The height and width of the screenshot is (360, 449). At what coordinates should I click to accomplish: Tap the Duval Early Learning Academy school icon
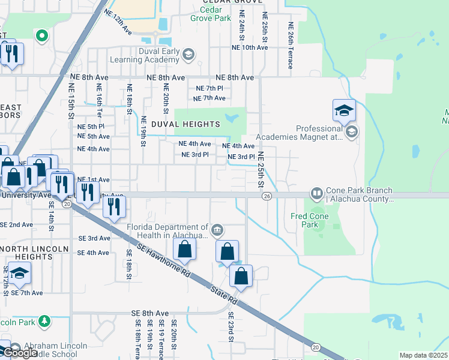click(x=188, y=55)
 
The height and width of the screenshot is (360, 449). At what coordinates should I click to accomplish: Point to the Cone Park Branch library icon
click(x=316, y=194)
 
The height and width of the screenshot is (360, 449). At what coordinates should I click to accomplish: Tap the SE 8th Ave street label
click(x=150, y=313)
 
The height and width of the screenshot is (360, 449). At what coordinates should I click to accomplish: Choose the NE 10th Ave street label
click(x=251, y=47)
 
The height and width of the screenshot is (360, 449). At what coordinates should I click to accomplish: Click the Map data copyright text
click(x=423, y=355)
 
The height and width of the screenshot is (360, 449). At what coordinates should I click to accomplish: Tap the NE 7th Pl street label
click(x=209, y=88)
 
